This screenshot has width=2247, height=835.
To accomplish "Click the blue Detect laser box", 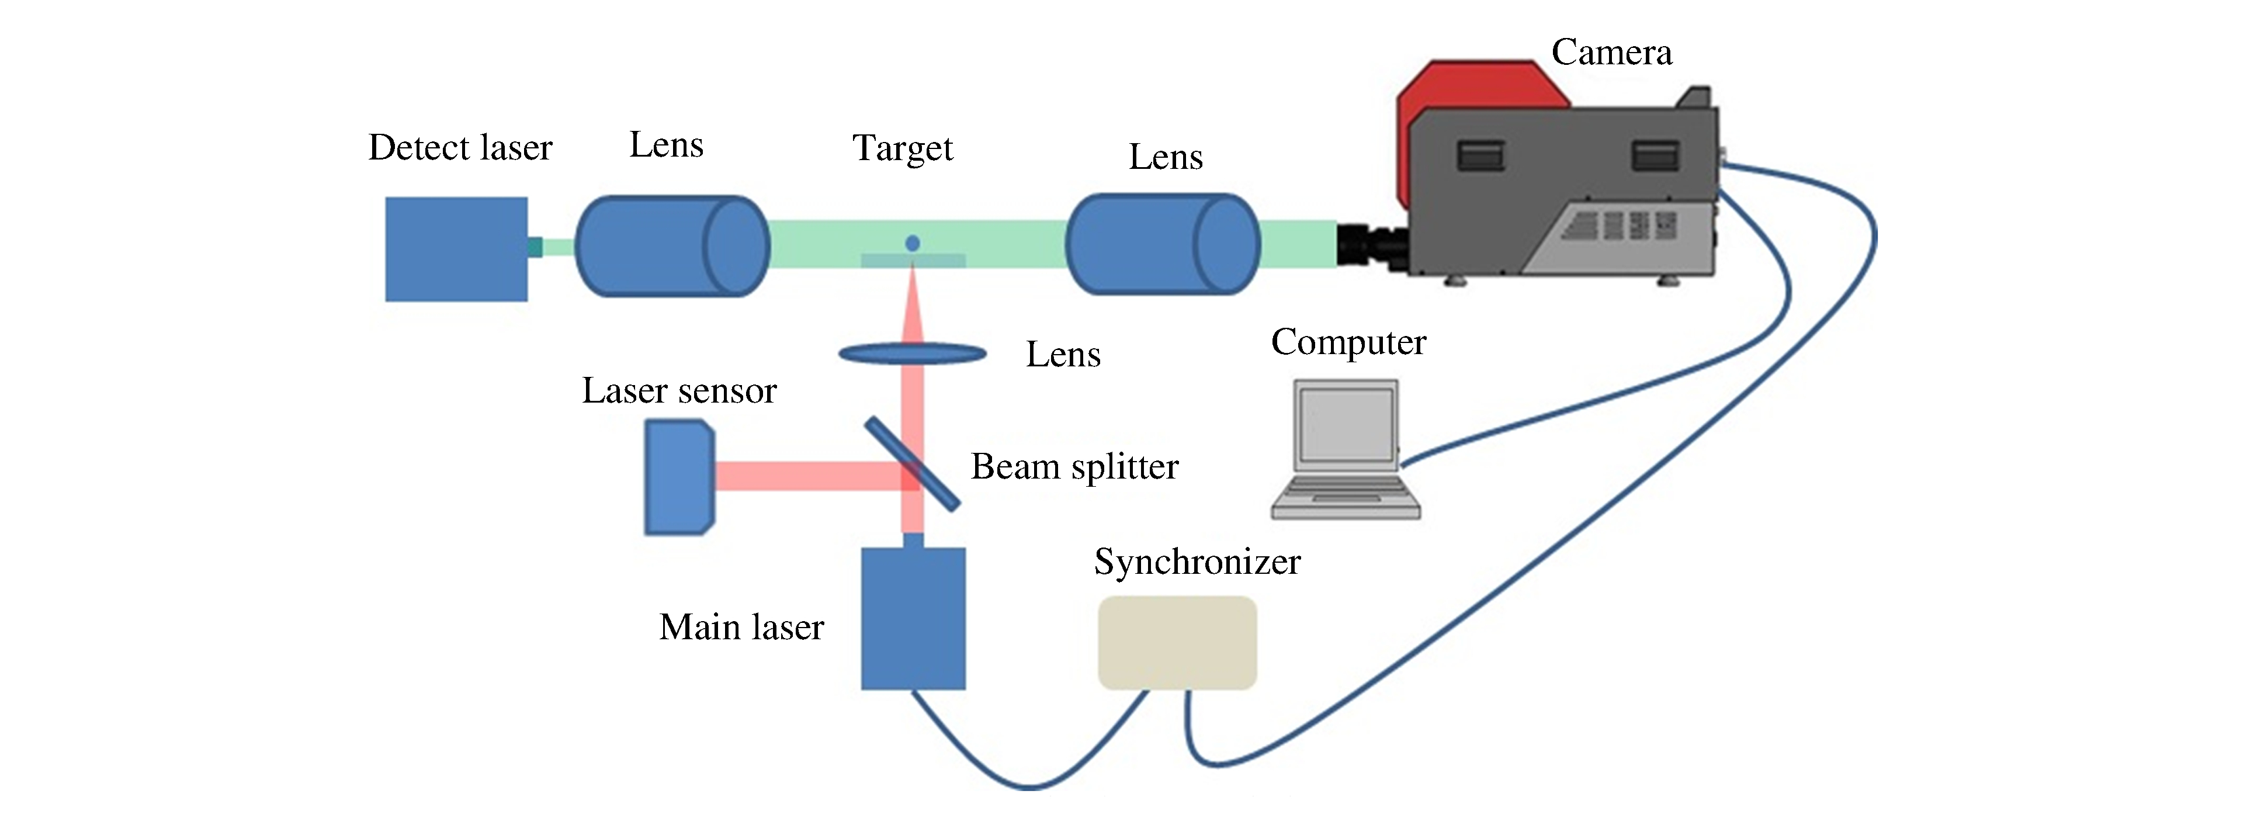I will [x=456, y=250].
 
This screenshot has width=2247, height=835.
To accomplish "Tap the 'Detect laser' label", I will [x=460, y=147].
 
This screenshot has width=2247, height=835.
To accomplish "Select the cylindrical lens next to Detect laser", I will [x=672, y=246].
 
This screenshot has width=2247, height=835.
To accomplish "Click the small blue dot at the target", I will [x=913, y=244].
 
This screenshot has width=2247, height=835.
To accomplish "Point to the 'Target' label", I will [x=903, y=148].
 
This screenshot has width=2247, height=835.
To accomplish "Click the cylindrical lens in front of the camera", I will [x=1163, y=244].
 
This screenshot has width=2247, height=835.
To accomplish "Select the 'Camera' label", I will [x=1611, y=53].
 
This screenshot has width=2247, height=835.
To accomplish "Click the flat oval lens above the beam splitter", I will [x=913, y=354].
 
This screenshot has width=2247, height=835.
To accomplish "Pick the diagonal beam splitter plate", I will [x=913, y=464].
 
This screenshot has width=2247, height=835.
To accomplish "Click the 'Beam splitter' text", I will [x=1074, y=467].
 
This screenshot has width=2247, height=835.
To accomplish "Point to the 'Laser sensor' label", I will [x=679, y=391].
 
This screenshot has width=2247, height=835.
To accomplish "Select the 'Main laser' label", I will [x=741, y=628].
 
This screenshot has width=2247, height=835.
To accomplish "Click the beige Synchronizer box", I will [x=1177, y=643].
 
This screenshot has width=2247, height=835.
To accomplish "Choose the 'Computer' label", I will [x=1348, y=342].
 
